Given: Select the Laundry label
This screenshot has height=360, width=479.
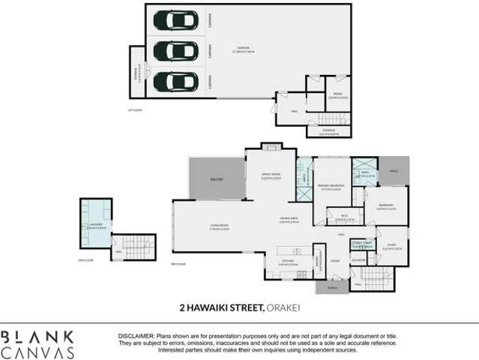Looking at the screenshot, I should coord(97,225).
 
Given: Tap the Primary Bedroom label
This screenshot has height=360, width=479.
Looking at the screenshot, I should coord(330,188).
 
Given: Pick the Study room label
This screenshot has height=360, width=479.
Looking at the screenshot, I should coord(392,247).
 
